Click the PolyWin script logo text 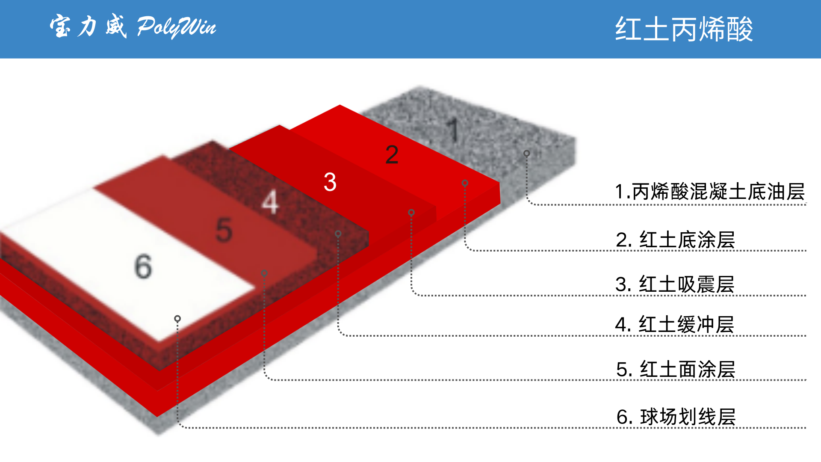pos(176,27)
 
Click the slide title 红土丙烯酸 pos(684,30)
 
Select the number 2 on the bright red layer pos(392,154)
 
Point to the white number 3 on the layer pos(330,182)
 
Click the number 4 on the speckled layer pos(270,202)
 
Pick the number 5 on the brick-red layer pos(224,230)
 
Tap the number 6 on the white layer pos(143,266)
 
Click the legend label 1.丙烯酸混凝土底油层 pos(709,191)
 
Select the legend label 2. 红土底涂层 pos(675,240)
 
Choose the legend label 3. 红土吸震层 pos(675,284)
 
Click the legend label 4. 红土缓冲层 pos(674,324)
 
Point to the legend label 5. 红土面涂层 pos(676,369)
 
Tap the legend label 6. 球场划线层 pos(676,417)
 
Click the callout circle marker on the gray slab pos(527,153)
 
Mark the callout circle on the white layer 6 pos(177,319)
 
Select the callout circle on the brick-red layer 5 pos(264,273)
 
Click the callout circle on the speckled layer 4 pos(338,234)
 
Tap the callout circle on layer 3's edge pos(411,212)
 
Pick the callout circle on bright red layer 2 pos(465,183)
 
